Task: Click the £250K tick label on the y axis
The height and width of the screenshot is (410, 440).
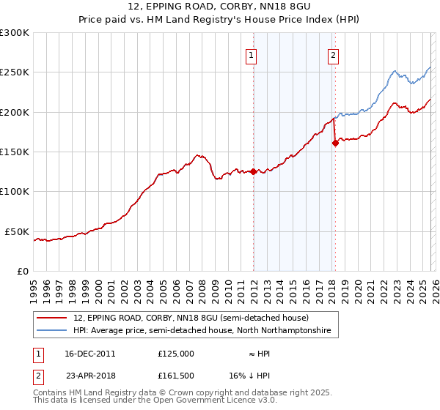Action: click(15, 72)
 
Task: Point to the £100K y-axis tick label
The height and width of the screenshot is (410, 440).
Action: click(15, 192)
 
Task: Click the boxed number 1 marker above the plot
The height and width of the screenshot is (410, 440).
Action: click(252, 54)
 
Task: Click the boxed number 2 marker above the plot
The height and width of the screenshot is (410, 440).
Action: click(333, 54)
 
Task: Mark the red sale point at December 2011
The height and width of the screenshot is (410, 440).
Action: click(253, 172)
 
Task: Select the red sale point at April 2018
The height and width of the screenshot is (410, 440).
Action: click(335, 143)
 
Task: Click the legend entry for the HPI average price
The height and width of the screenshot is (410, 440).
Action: click(202, 331)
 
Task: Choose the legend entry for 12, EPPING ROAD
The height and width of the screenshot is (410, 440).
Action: click(191, 318)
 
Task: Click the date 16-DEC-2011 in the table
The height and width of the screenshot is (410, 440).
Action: click(90, 353)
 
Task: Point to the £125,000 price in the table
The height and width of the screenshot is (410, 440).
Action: click(176, 353)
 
